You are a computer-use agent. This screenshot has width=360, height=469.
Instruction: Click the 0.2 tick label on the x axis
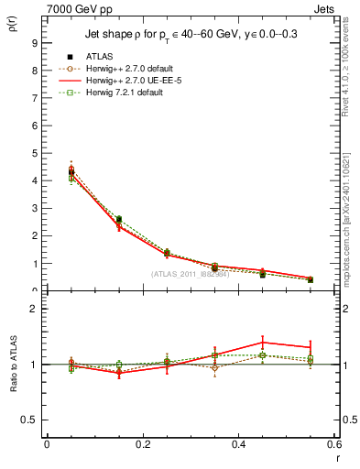click(x=142, y=444)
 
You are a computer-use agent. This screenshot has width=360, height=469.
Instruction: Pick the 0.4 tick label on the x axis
click(x=238, y=444)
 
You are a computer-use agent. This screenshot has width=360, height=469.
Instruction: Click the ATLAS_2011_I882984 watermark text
click(x=191, y=274)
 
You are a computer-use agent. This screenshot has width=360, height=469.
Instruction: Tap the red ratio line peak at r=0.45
click(x=263, y=342)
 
